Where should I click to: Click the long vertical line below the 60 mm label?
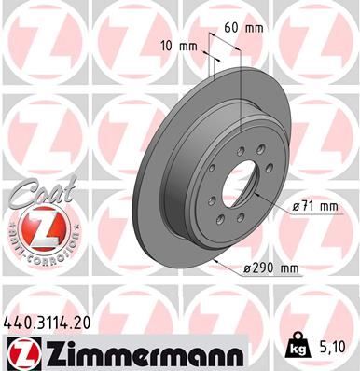(x=242, y=93)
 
